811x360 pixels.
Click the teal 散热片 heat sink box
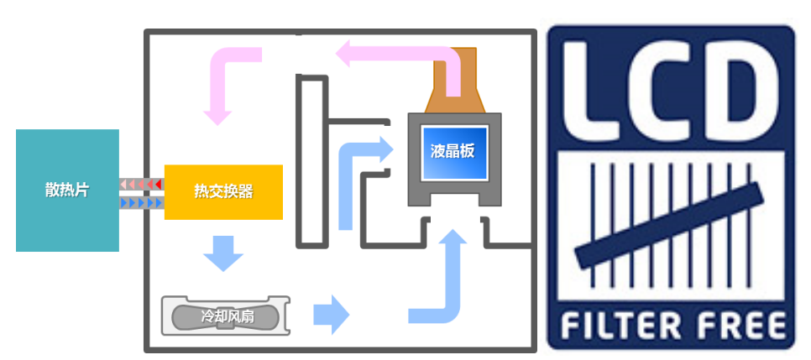(x=67, y=218)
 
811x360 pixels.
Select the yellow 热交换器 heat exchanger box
(x=223, y=192)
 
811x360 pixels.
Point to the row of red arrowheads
(x=141, y=183)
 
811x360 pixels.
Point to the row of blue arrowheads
(x=141, y=202)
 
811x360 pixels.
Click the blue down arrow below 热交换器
(x=223, y=253)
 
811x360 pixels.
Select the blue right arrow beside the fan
(x=331, y=314)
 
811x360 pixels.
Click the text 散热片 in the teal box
(x=67, y=190)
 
